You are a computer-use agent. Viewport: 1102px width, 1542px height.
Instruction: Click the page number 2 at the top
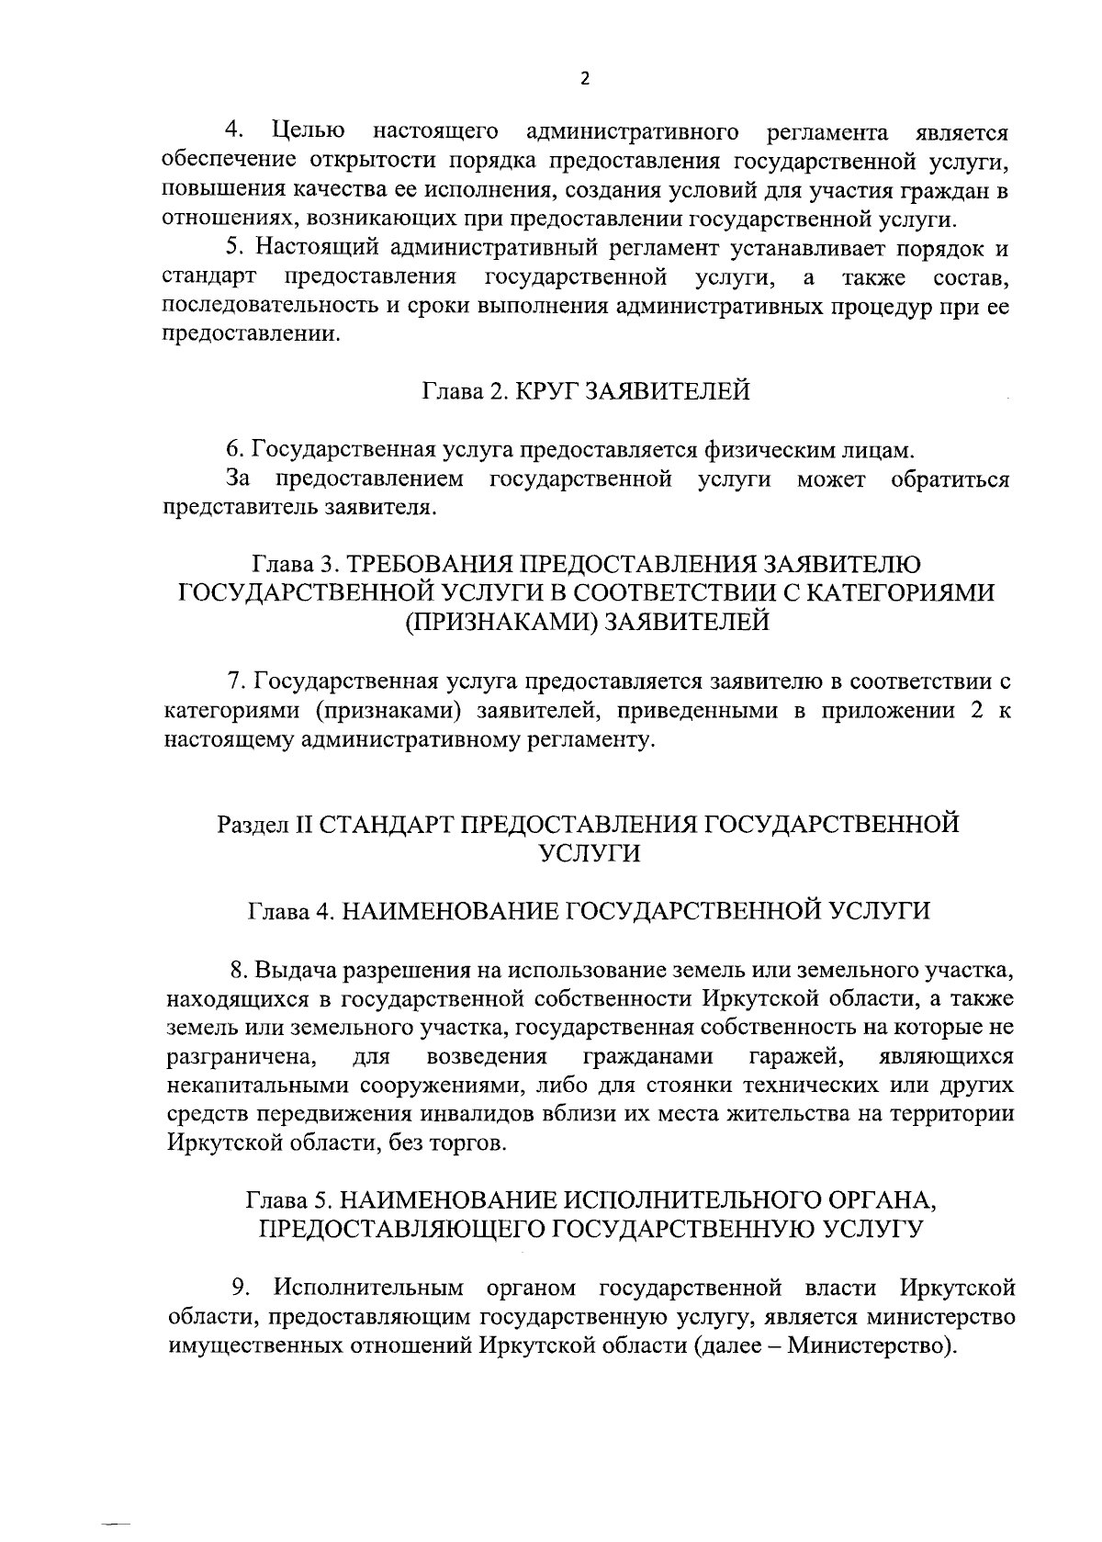(586, 78)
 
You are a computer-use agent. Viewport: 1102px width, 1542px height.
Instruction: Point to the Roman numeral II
(303, 824)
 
